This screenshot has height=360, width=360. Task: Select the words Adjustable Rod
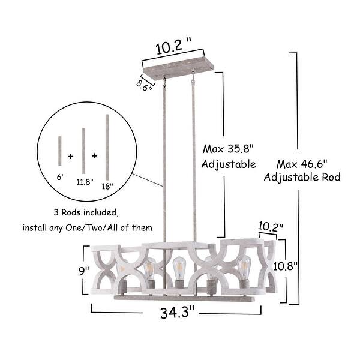(x=303, y=177)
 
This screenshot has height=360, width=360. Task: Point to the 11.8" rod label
(x=85, y=182)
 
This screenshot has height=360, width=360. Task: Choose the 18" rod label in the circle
(x=108, y=187)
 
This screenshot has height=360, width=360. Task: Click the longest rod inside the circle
(x=107, y=147)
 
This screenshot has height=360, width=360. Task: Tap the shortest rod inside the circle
(x=60, y=153)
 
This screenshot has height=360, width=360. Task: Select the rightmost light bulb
(x=244, y=266)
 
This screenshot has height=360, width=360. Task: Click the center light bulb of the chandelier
(x=178, y=266)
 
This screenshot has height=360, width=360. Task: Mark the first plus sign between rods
(x=71, y=156)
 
